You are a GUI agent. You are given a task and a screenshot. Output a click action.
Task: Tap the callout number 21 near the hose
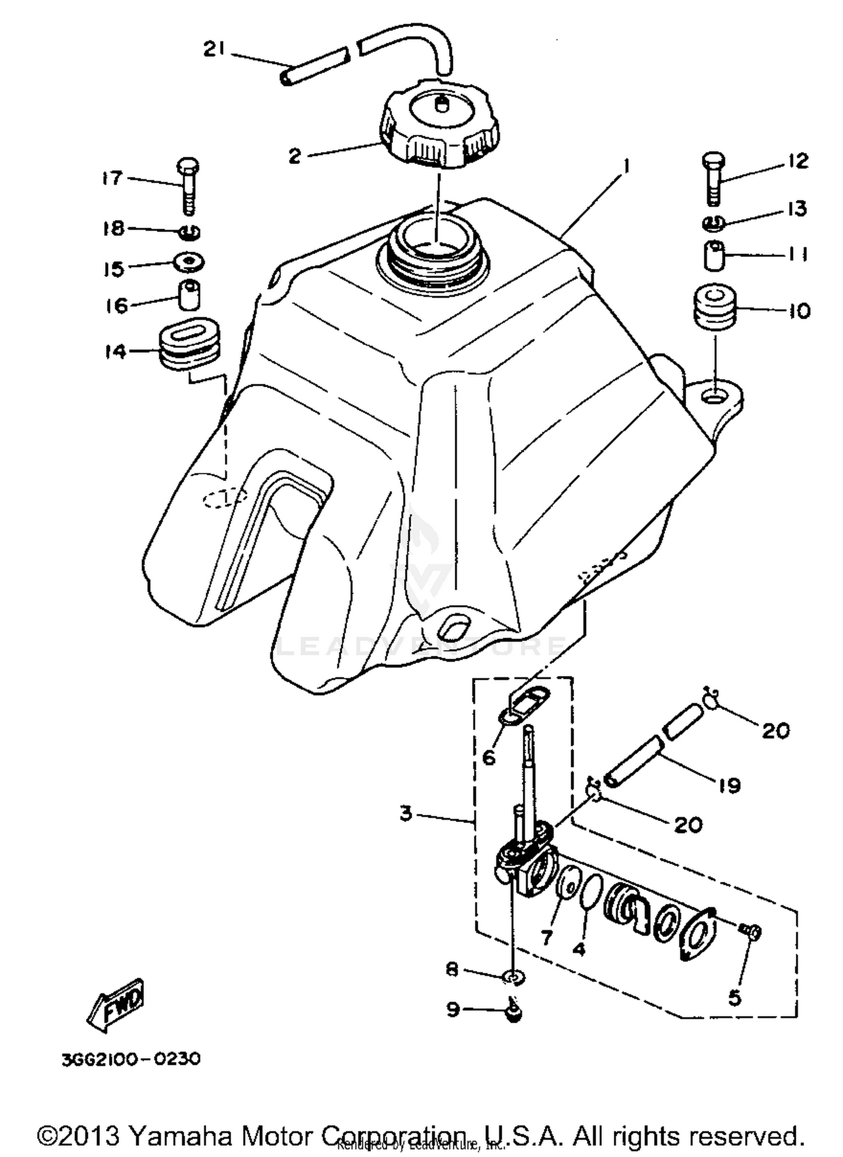click(214, 51)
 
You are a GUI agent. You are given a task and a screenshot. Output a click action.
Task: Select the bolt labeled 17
click(188, 185)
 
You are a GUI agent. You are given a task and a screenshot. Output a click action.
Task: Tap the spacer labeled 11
click(714, 256)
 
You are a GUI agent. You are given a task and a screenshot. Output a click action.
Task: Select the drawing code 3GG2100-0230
click(131, 1059)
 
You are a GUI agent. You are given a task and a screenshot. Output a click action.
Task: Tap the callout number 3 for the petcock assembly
click(406, 813)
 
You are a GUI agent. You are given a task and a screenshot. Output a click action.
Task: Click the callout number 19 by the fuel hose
click(729, 786)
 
